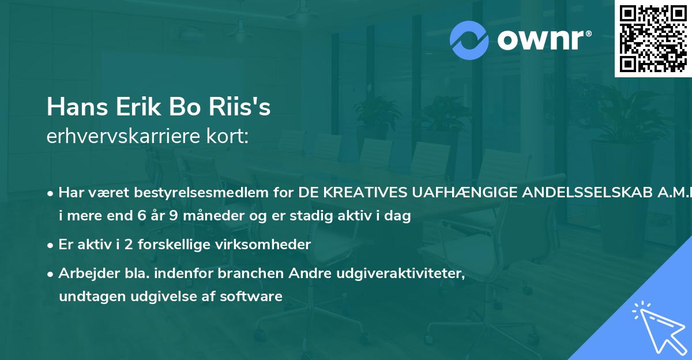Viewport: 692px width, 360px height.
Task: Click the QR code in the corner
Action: point(653,38)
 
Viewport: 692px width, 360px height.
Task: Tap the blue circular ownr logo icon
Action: point(469,40)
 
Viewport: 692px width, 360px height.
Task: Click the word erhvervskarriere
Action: point(121,137)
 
